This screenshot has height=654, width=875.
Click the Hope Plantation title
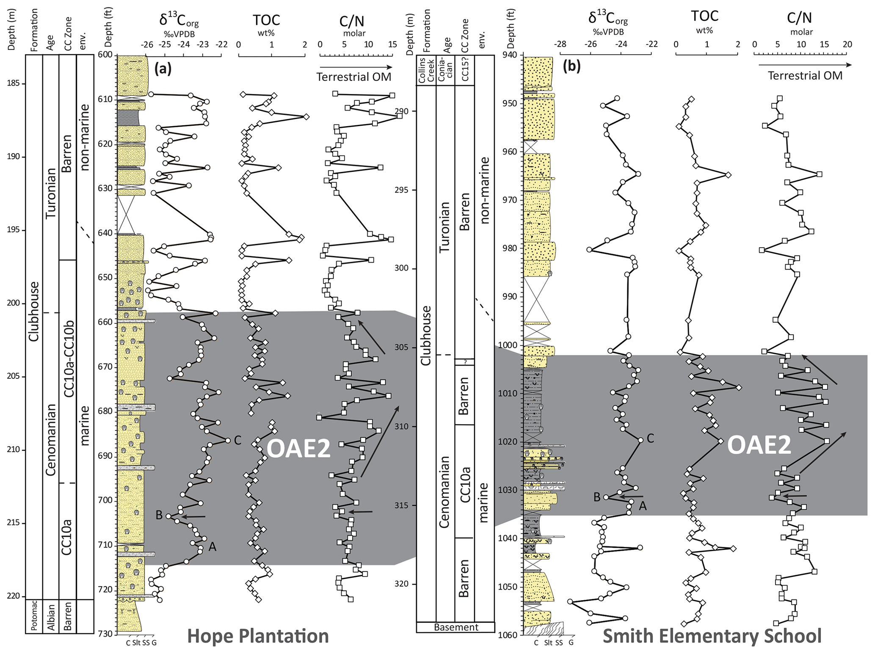point(258,636)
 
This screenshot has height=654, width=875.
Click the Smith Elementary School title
point(712,636)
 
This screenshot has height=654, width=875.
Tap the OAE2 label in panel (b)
point(759,445)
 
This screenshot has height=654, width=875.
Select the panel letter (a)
point(163,68)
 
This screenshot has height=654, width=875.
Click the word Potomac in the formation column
point(34,616)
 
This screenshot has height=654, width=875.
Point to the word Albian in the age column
point(51,616)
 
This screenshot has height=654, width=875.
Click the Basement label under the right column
point(456,627)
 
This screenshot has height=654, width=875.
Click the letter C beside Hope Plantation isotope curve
point(237,440)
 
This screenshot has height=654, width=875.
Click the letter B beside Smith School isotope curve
point(597,497)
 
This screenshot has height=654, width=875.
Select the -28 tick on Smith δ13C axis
point(560,44)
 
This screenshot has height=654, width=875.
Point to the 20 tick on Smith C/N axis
point(847,44)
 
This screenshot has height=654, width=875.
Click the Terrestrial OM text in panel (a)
point(354,77)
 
